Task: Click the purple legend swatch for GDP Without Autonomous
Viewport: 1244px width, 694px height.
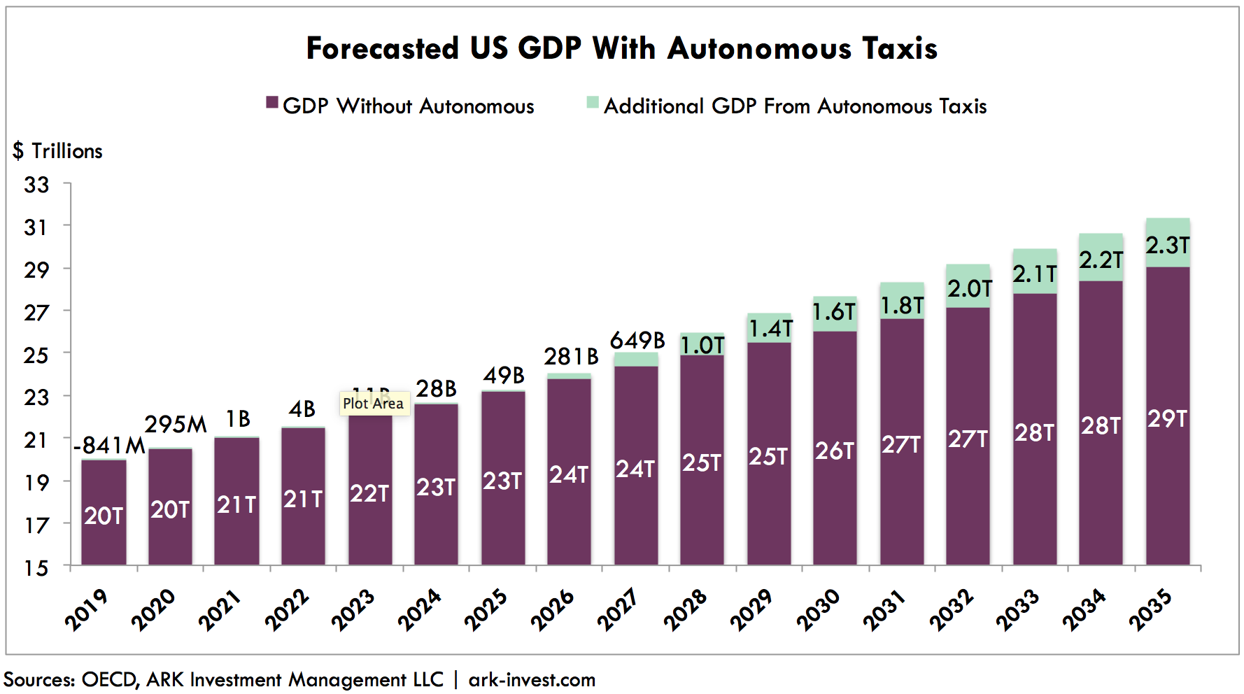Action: pyautogui.click(x=272, y=104)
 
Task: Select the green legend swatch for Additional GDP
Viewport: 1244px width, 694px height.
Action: pyautogui.click(x=593, y=103)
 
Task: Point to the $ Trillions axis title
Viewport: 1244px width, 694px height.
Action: pyautogui.click(x=57, y=151)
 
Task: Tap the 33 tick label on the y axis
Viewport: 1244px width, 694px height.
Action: pyautogui.click(x=36, y=185)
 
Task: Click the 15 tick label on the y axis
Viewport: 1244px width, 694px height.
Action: pyautogui.click(x=36, y=567)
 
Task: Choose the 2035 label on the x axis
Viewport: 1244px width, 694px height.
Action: pyautogui.click(x=1151, y=609)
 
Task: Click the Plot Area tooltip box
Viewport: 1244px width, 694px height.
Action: pyautogui.click(x=374, y=404)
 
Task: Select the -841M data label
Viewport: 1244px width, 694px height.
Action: pyautogui.click(x=109, y=446)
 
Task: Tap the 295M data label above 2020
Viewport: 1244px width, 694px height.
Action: pyautogui.click(x=176, y=425)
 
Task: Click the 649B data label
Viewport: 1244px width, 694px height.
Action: pyautogui.click(x=637, y=341)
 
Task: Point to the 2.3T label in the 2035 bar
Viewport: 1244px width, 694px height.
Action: pyautogui.click(x=1167, y=246)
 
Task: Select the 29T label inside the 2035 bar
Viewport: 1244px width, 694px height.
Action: pyautogui.click(x=1167, y=419)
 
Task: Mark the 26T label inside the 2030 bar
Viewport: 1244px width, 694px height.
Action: pyautogui.click(x=835, y=451)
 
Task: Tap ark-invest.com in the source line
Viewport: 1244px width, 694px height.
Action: pyautogui.click(x=532, y=680)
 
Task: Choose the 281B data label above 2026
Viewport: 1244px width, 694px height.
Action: pyautogui.click(x=571, y=357)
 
